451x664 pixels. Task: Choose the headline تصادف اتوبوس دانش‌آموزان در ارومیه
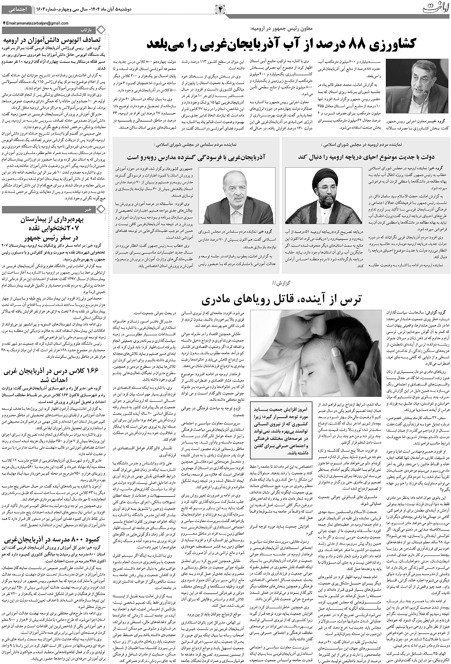point(53,40)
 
